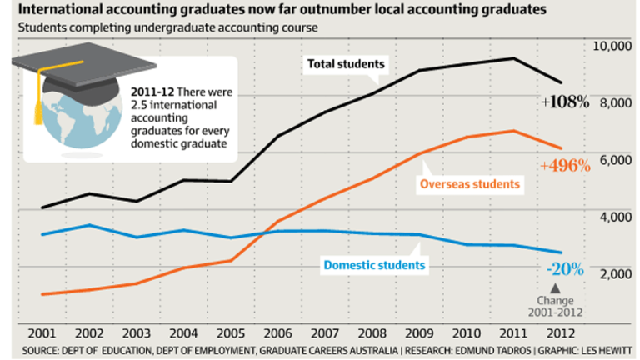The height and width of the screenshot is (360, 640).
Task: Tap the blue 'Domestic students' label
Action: point(374,265)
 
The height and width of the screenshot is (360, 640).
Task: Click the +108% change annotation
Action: point(564,103)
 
